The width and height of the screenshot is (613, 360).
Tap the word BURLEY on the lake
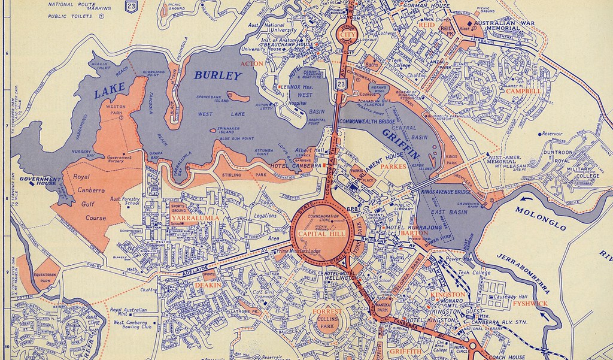tap(217, 76)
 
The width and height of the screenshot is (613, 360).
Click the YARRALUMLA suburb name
tap(195, 219)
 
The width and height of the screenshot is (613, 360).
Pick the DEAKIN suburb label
tap(208, 285)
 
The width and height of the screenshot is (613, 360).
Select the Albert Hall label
tap(305, 151)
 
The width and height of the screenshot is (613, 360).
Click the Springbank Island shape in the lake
tap(238, 96)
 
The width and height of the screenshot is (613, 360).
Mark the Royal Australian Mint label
tap(132, 312)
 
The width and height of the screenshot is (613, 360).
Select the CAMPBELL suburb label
tap(523, 92)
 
